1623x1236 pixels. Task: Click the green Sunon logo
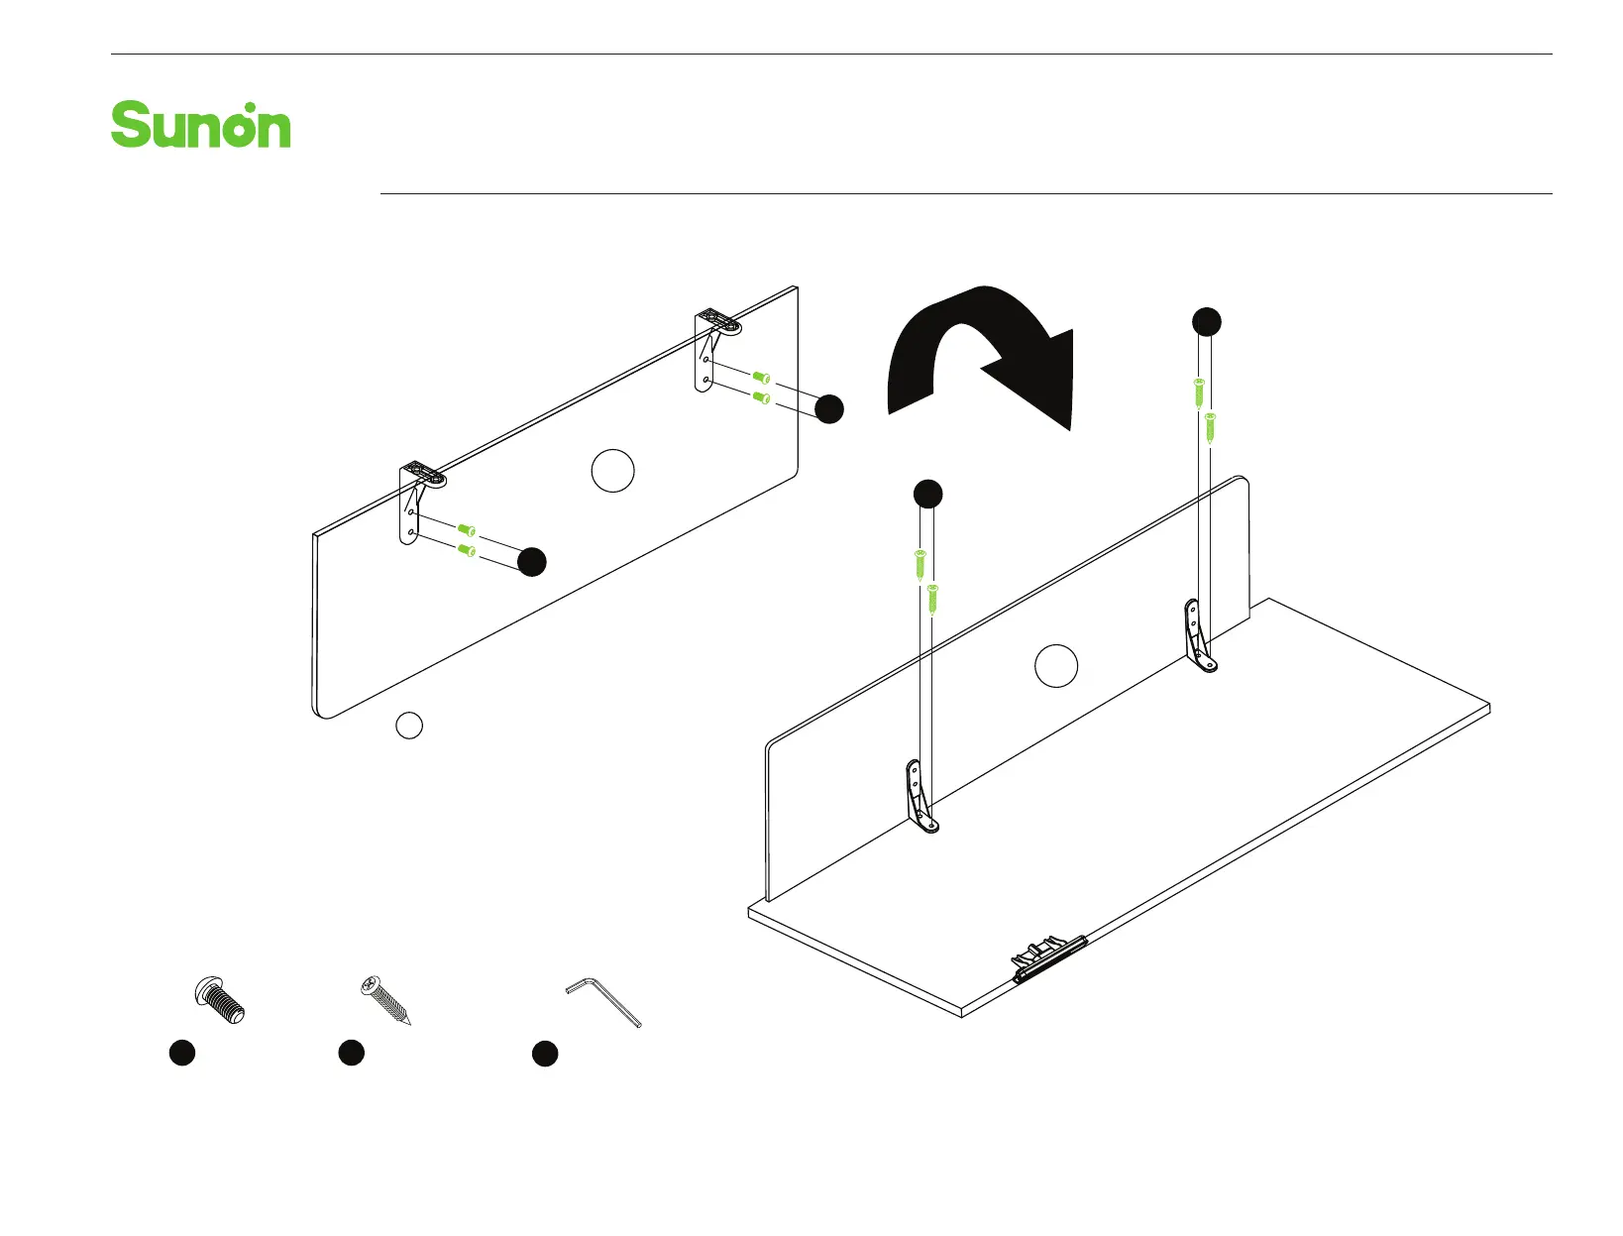pyautogui.click(x=201, y=126)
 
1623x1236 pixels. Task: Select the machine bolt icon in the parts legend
pyautogui.click(x=219, y=999)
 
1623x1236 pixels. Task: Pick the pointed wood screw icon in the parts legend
pyautogui.click(x=384, y=1001)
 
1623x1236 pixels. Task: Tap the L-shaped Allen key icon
pyautogui.click(x=602, y=1002)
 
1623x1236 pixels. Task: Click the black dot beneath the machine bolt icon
pyautogui.click(x=181, y=1053)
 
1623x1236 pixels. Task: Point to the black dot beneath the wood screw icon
pyautogui.click(x=351, y=1053)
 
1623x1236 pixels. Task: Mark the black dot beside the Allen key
pyautogui.click(x=545, y=1054)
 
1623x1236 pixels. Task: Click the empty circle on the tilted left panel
pyautogui.click(x=612, y=470)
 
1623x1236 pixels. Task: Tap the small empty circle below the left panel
pyautogui.click(x=409, y=726)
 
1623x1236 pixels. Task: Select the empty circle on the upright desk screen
pyautogui.click(x=1056, y=665)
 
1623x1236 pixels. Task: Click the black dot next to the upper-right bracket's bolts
pyautogui.click(x=829, y=408)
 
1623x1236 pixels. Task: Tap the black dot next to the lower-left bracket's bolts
pyautogui.click(x=532, y=561)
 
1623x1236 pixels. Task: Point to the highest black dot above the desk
pyautogui.click(x=1206, y=321)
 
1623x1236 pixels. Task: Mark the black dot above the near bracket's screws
pyautogui.click(x=927, y=494)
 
